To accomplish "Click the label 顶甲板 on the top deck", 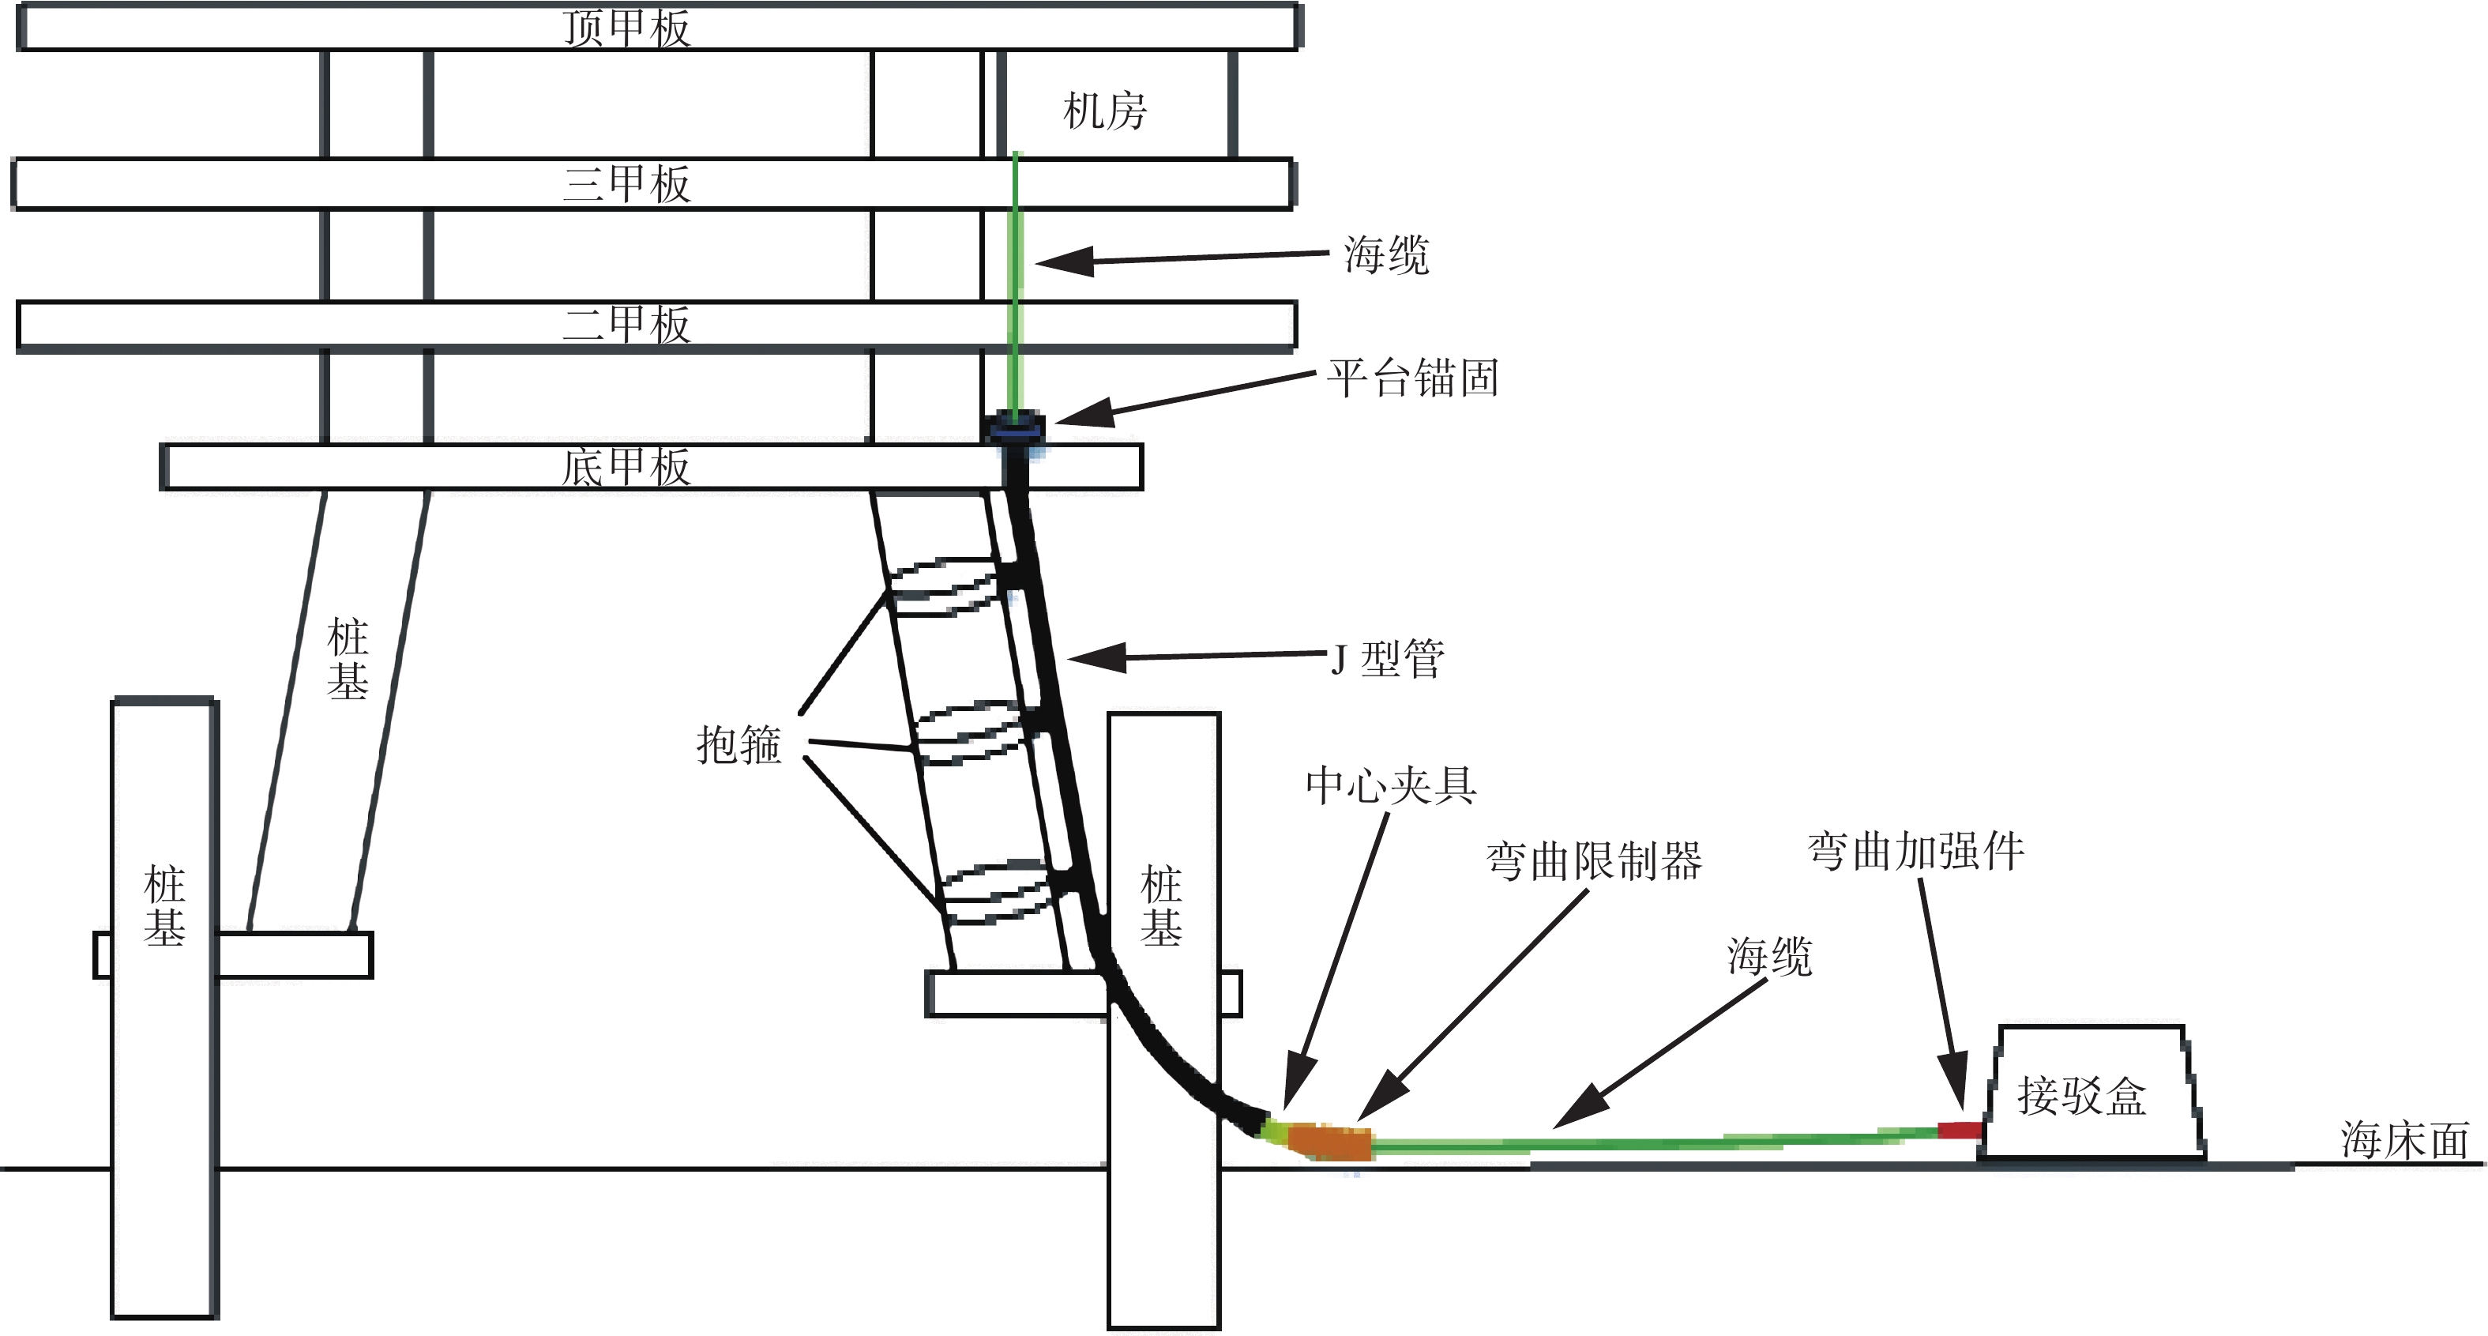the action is point(627,28).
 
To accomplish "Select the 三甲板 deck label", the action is point(627,183).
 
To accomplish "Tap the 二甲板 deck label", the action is point(627,325).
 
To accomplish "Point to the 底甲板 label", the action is point(627,467).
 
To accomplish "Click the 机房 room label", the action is point(1105,111).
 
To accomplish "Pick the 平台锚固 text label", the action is point(1413,378).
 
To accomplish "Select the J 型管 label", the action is point(1388,659).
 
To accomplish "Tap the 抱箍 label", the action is point(739,745).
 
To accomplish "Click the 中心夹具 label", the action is point(1392,785).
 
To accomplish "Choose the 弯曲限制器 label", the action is point(1594,860).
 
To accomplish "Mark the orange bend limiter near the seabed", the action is point(1331,1141).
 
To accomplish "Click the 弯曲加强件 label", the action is point(1916,851).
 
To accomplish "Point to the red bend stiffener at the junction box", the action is point(1960,1129).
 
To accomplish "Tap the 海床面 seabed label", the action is point(2405,1140).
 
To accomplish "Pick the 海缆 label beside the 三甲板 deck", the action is point(1387,256).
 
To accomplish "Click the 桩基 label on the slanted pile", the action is point(348,659).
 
